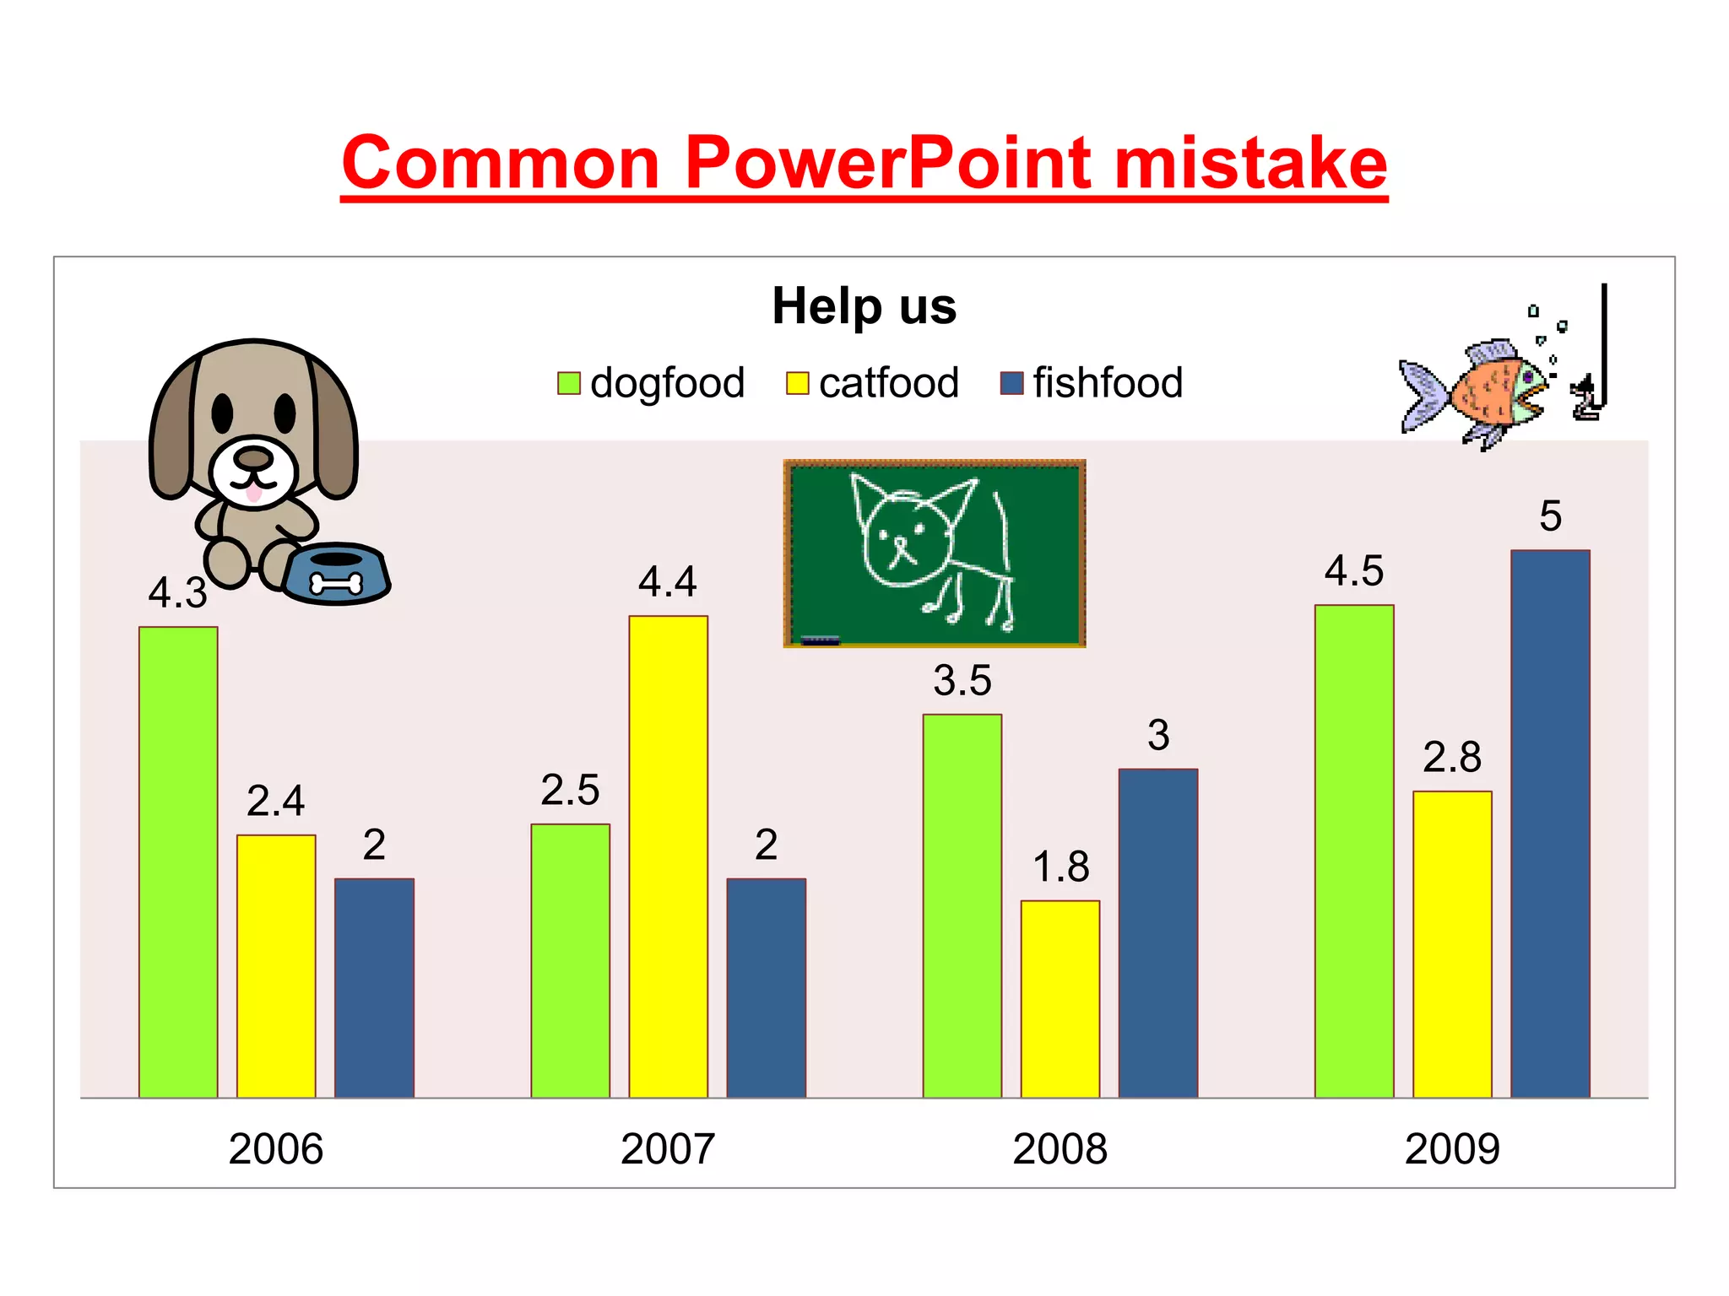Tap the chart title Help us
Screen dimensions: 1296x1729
coord(864,305)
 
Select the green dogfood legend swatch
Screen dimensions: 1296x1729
coord(568,383)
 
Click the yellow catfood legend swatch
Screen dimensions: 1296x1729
coord(797,383)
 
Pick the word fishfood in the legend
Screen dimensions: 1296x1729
coord(1108,383)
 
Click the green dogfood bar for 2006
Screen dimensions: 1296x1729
coord(178,861)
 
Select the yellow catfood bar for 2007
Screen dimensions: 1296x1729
coord(668,856)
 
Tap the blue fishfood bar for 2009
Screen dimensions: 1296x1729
coord(1550,823)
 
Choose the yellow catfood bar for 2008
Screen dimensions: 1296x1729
coord(1060,999)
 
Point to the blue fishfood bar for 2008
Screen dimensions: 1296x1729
coord(1157,932)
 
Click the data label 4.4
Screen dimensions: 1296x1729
coord(667,582)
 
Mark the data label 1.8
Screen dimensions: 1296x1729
coord(1060,867)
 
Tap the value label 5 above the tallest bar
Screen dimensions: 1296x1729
coord(1550,516)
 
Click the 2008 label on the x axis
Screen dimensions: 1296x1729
coord(1060,1149)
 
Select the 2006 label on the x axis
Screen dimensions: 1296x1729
coord(275,1149)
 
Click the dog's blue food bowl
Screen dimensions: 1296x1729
coord(336,574)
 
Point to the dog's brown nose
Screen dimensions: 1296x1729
coord(252,458)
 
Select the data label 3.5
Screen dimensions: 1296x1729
coord(962,681)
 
